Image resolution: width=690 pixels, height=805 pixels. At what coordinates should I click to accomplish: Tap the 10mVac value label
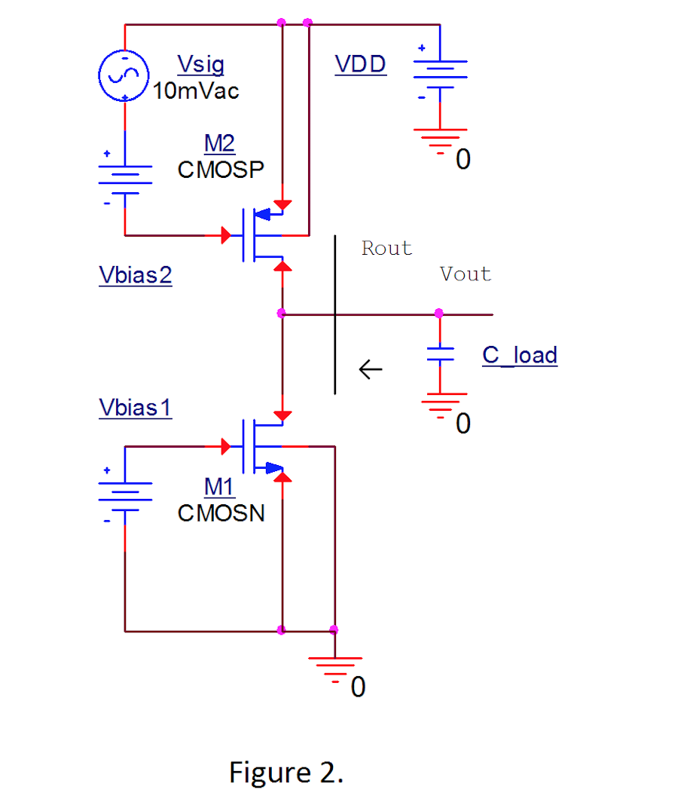coord(196,92)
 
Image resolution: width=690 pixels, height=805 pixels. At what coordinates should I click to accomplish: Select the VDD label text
coord(361,65)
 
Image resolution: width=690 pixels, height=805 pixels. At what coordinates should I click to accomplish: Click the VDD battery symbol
coord(440,73)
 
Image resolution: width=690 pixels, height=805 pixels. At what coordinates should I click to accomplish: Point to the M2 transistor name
coord(219,143)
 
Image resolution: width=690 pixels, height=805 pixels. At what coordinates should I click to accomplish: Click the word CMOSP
coord(221,170)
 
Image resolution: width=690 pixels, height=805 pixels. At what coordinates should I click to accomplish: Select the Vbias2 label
coord(136,275)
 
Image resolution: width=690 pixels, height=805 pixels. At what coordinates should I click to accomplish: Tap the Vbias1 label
coord(136,408)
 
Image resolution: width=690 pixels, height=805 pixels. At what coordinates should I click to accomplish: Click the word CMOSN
coord(221,513)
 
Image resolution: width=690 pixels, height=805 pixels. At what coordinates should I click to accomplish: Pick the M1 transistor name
coord(219,487)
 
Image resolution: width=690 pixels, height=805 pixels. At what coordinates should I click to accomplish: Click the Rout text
coord(386,249)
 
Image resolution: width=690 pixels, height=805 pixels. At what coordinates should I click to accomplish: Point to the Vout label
coord(466,274)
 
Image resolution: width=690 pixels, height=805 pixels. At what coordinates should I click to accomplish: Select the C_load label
coord(520,355)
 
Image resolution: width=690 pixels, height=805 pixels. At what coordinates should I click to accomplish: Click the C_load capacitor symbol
coord(440,354)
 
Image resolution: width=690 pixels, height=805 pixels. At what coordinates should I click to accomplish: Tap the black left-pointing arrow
coord(371,369)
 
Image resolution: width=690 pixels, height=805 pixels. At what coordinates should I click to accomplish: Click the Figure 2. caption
coord(286,773)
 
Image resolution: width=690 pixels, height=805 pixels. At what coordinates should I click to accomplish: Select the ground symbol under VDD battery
coord(440,140)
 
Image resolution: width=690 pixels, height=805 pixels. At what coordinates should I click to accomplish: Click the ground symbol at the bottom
coord(334,667)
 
